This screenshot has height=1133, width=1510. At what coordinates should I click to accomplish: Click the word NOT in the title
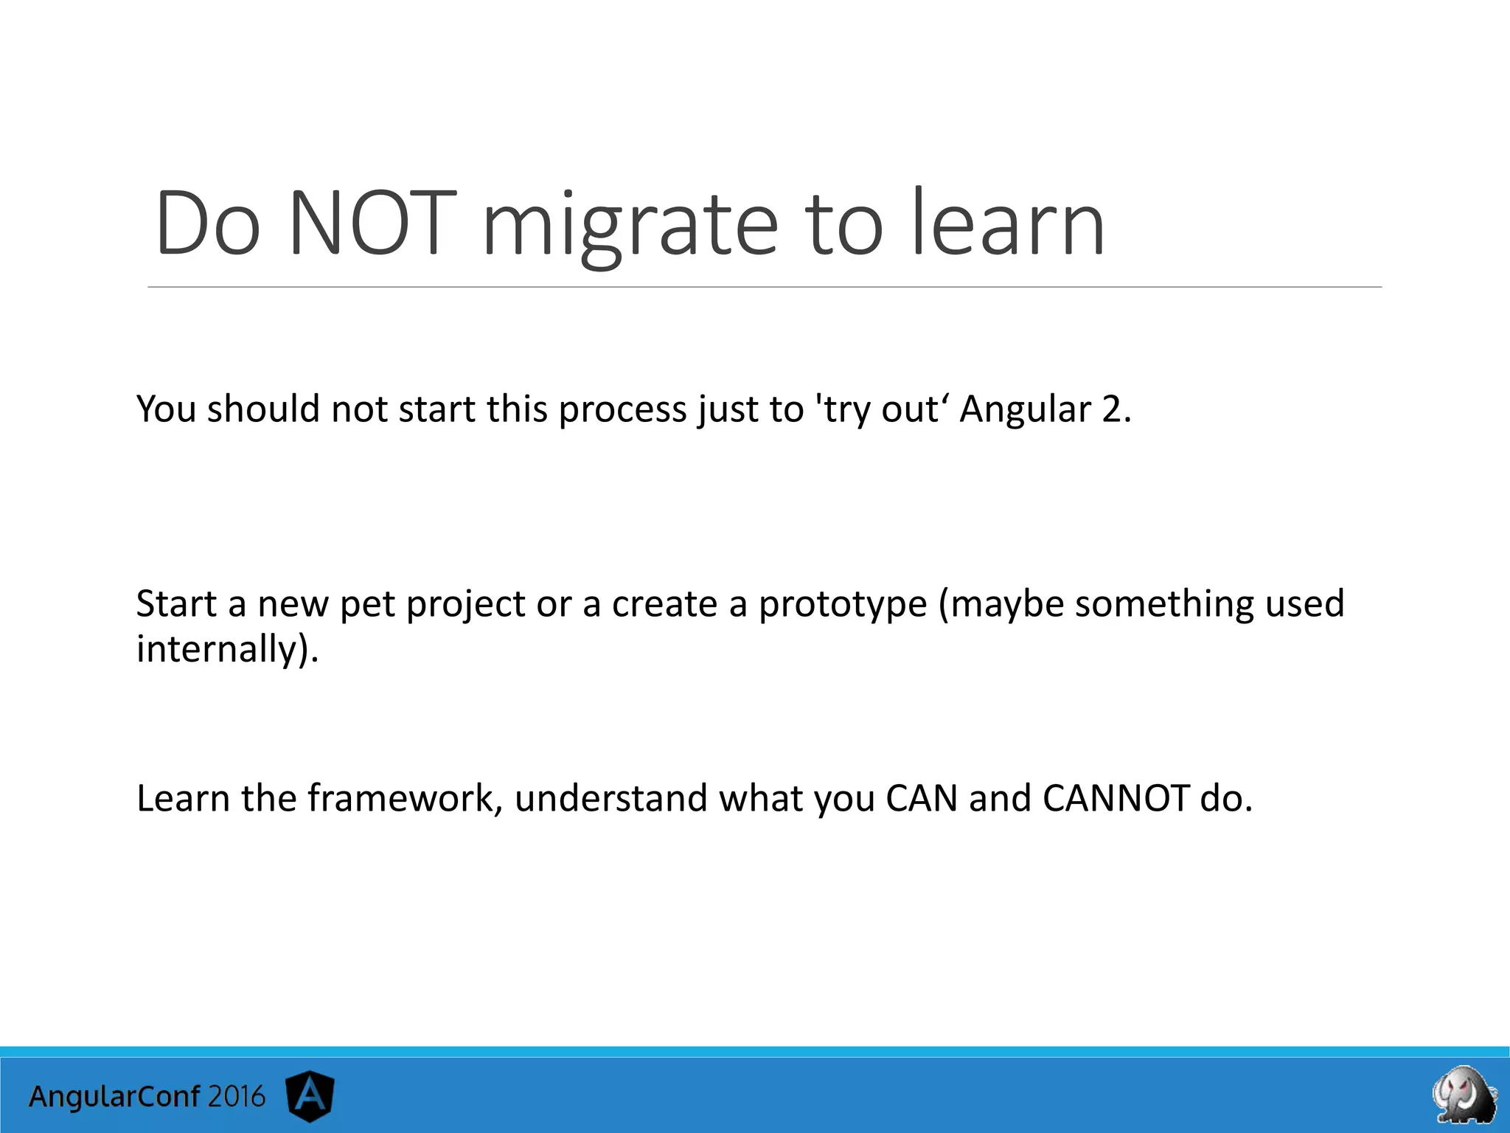(368, 223)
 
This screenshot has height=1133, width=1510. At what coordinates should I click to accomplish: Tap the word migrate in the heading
(630, 225)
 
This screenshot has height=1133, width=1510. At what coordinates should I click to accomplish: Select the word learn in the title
(1008, 223)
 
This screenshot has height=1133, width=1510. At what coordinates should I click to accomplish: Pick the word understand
(610, 798)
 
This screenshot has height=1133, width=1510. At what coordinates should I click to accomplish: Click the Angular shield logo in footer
(310, 1096)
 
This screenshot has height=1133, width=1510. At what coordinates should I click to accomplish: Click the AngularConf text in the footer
(114, 1097)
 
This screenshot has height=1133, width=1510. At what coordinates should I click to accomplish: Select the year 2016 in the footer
(236, 1096)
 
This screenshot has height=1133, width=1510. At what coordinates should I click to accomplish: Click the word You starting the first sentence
(166, 409)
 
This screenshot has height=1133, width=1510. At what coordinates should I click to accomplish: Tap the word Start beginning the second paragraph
(176, 603)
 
